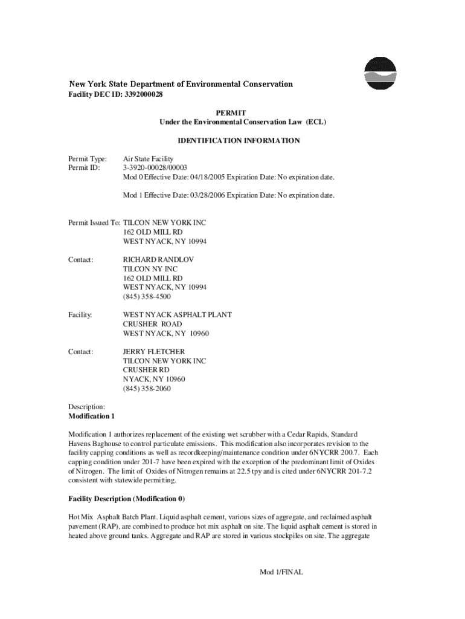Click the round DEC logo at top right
[380, 73]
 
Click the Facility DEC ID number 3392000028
[144, 95]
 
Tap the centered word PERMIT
[232, 113]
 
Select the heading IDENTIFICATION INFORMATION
[239, 141]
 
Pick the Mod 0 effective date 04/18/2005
[207, 177]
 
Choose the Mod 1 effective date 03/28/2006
[207, 195]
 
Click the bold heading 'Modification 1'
[91, 416]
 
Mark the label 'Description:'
[87, 407]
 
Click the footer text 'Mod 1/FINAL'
[277, 571]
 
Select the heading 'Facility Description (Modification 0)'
[127, 499]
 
